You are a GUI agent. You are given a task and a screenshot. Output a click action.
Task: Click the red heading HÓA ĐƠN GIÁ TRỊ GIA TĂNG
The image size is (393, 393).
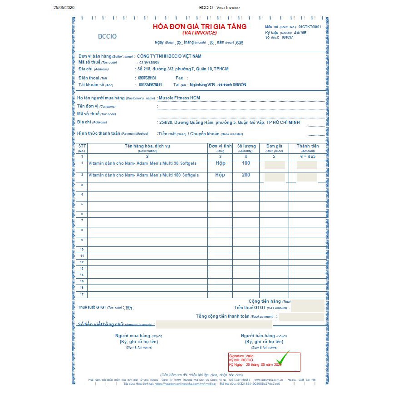pos(200,27)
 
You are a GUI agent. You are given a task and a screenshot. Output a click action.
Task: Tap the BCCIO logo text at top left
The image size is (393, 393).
pos(107,36)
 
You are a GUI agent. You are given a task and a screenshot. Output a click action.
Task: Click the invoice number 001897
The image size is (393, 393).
pos(287,37)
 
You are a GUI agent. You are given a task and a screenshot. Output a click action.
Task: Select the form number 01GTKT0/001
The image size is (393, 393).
pos(309,27)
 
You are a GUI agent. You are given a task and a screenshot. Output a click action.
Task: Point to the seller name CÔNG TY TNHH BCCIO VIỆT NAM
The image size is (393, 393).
pos(169,56)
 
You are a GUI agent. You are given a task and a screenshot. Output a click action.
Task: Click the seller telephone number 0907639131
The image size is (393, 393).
pos(147,78)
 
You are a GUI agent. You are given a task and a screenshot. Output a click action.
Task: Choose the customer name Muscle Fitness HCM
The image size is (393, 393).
pos(179,98)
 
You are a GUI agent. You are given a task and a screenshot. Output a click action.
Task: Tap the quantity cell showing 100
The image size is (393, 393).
pos(246,163)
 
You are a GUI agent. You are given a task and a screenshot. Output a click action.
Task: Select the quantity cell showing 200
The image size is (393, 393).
pos(246,175)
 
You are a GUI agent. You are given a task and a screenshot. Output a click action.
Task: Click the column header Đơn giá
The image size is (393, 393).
pos(274,146)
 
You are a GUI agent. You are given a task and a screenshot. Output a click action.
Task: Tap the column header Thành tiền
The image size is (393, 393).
pos(308,146)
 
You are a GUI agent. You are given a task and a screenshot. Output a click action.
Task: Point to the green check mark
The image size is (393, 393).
pos(284,357)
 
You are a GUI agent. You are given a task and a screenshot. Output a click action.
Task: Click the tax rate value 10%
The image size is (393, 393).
pos(129,307)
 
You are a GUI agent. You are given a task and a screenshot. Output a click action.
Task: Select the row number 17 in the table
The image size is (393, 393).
pos(82,295)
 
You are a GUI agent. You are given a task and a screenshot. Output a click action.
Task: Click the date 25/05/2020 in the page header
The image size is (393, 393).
pos(63,8)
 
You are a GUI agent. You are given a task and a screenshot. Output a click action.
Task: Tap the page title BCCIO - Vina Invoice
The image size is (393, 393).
pos(219,8)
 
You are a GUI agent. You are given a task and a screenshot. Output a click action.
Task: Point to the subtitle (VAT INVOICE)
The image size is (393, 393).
pos(200,33)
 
